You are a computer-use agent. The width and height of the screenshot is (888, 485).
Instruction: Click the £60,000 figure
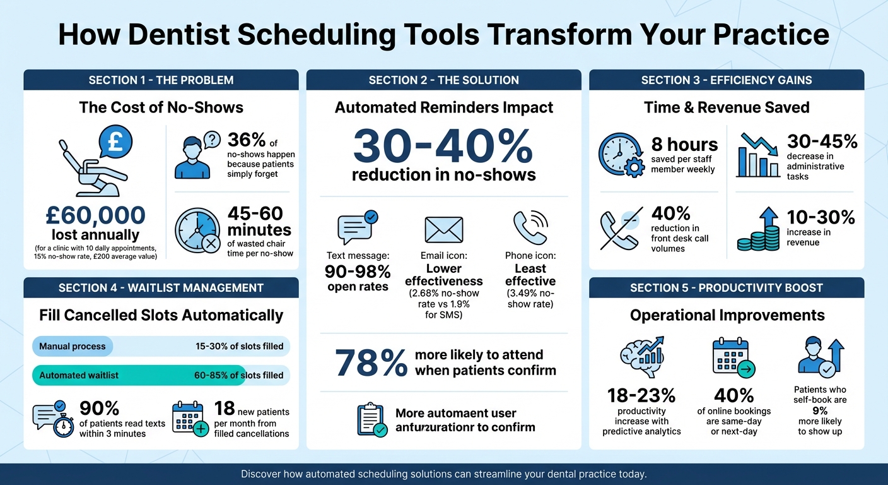95,215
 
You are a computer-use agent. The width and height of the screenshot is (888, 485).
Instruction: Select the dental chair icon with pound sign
95,161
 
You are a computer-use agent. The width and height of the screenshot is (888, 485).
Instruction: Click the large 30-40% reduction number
443,147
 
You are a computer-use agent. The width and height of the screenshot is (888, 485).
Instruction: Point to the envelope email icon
443,230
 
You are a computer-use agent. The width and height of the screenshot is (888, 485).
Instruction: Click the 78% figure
371,363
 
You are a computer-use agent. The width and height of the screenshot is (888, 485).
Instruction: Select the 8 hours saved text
684,145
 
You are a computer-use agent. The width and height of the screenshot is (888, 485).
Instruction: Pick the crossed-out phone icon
621,227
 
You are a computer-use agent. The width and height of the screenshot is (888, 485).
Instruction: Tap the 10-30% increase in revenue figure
821,217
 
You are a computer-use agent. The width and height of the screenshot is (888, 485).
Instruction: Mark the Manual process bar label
72,346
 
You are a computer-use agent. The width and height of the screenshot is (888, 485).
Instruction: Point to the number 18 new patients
225,407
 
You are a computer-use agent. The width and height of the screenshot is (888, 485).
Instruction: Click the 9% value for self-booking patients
820,410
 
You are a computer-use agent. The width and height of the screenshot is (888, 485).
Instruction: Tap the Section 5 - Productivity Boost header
726,288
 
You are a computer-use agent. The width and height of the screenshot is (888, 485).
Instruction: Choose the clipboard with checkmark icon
371,420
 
